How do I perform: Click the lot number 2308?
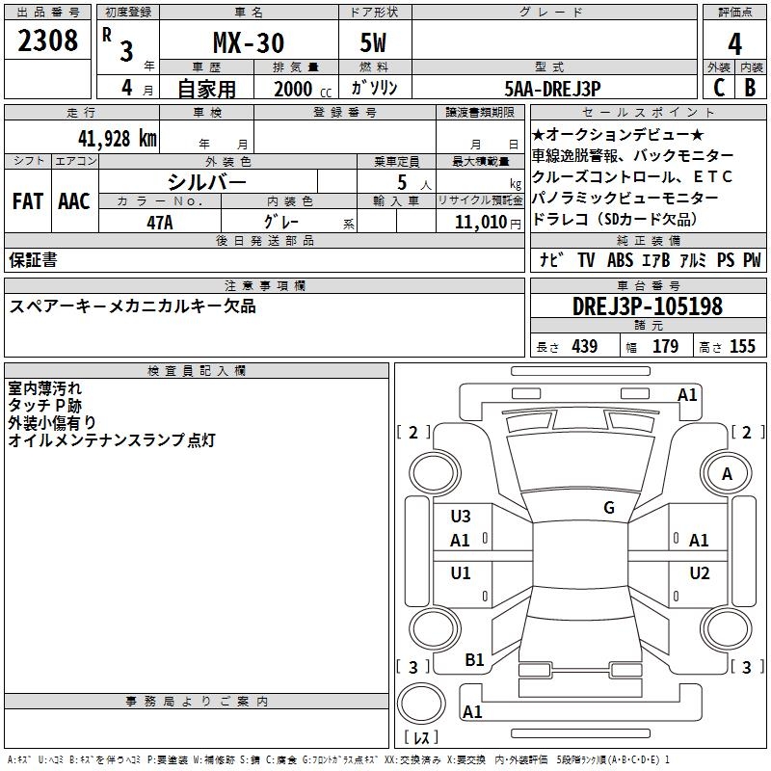(47, 40)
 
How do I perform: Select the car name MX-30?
(249, 42)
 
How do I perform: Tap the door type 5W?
(373, 42)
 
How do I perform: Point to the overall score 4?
(734, 43)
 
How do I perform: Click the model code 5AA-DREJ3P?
(552, 89)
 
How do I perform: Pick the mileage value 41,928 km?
(118, 138)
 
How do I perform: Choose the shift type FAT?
(28, 201)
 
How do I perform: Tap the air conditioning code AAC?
(74, 201)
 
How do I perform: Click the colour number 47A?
(160, 223)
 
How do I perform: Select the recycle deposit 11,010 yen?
(488, 223)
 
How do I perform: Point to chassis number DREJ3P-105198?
(648, 306)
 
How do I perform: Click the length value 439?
(585, 346)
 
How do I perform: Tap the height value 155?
(742, 346)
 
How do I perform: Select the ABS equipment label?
(620, 260)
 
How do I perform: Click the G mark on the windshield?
(609, 508)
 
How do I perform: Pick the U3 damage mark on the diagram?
(461, 517)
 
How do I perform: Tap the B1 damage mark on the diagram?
(474, 660)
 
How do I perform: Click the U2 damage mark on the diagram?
(700, 573)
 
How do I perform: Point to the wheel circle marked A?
(727, 473)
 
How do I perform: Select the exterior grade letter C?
(719, 88)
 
